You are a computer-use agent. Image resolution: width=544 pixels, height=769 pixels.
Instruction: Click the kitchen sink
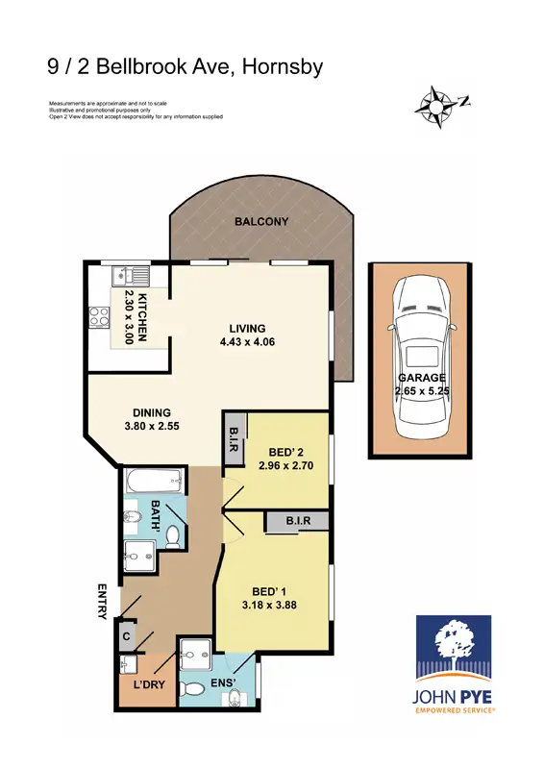124,276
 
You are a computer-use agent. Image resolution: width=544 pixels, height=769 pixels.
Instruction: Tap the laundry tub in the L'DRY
128,664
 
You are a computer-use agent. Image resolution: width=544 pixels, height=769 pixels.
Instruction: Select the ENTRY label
101,601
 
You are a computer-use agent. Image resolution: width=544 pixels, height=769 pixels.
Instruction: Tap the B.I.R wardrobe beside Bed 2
234,438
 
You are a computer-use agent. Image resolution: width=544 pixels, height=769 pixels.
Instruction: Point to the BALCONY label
261,222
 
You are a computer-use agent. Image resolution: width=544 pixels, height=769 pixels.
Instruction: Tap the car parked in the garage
420,351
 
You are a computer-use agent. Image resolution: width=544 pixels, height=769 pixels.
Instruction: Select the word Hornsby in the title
283,66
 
